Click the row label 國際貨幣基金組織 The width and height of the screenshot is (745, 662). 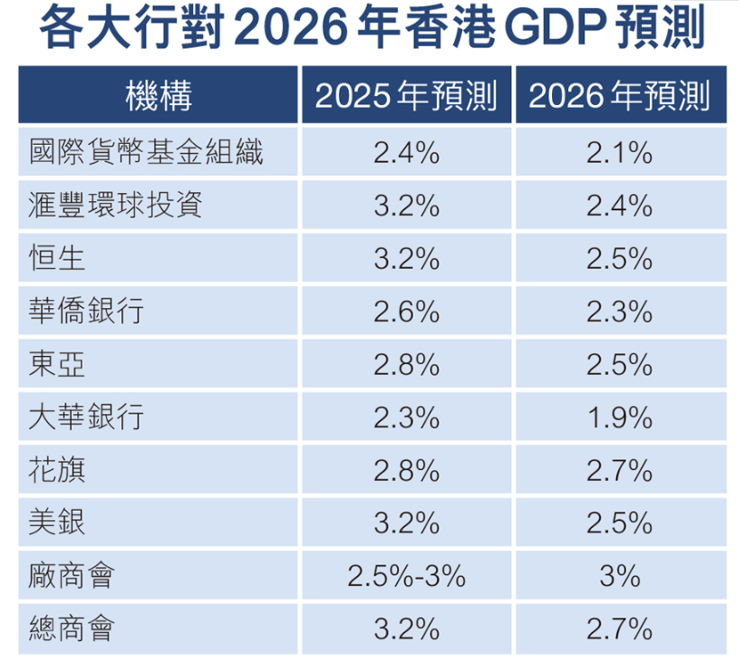click(x=146, y=152)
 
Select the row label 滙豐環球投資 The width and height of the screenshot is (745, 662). click(x=115, y=205)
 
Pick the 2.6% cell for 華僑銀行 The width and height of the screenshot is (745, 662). click(x=406, y=312)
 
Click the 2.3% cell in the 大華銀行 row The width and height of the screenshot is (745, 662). click(x=406, y=417)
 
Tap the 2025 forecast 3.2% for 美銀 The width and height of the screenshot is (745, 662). click(x=406, y=523)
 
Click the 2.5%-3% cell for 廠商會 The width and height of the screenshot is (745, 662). click(x=406, y=576)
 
